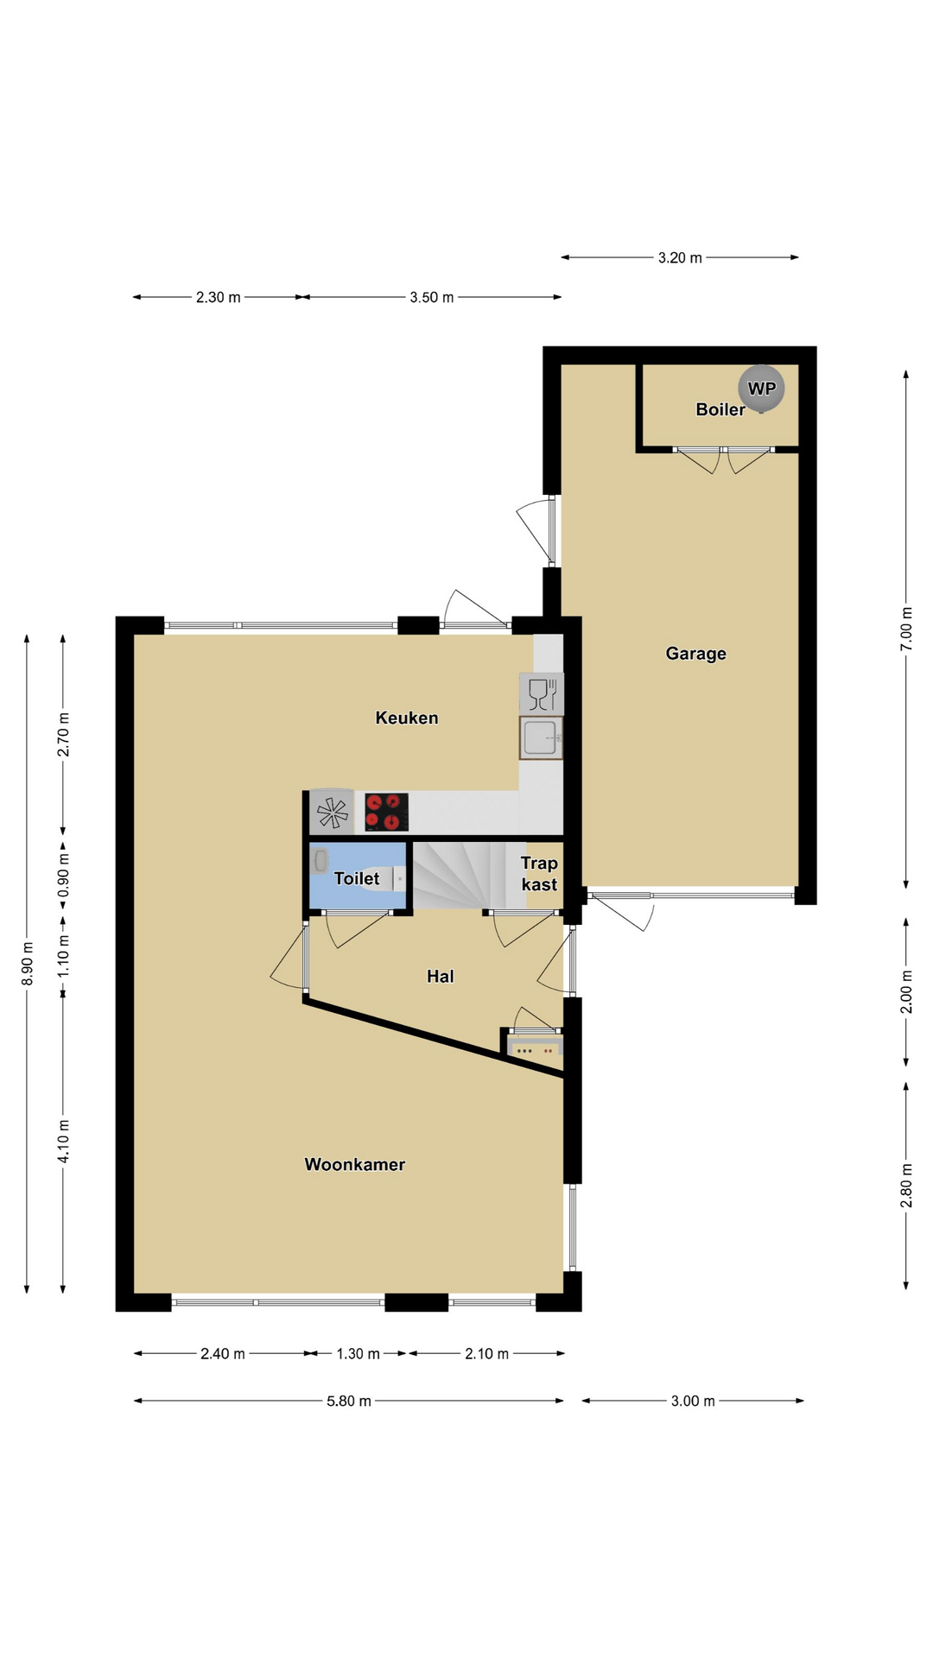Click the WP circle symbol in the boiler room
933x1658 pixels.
coord(761,389)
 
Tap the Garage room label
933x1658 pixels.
coord(695,654)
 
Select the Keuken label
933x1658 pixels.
coord(407,718)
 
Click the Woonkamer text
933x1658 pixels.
coord(355,1164)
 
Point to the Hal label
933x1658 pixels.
coord(441,977)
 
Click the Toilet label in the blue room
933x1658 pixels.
coord(357,878)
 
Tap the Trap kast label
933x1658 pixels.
coord(539,874)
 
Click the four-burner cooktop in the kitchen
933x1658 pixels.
coord(386,812)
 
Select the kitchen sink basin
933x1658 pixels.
coord(541,737)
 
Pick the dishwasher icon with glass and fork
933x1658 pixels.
coord(541,693)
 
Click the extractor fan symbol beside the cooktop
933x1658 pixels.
coord(332,812)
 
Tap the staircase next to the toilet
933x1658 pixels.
coord(469,876)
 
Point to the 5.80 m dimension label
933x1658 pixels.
coord(349,1401)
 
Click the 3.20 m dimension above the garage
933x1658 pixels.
coord(680,257)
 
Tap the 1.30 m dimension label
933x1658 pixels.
coord(358,1353)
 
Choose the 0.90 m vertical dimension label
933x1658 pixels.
coord(63,876)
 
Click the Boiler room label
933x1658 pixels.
coord(720,409)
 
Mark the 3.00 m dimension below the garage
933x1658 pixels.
coord(693,1401)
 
